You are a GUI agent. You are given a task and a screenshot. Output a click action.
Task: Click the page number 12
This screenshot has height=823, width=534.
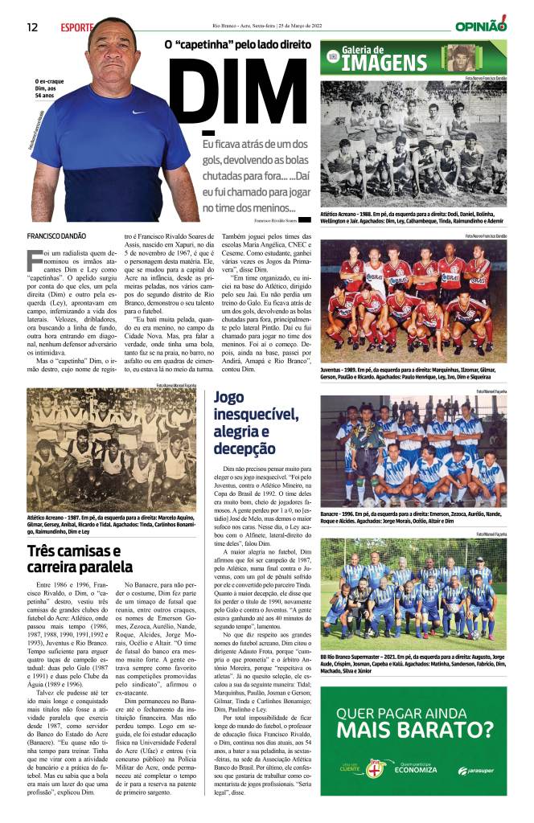(x=32, y=27)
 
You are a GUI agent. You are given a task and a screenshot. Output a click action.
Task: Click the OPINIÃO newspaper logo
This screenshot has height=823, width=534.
(x=481, y=26)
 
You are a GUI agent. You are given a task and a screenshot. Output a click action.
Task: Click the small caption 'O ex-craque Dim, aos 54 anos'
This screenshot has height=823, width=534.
(x=46, y=88)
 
